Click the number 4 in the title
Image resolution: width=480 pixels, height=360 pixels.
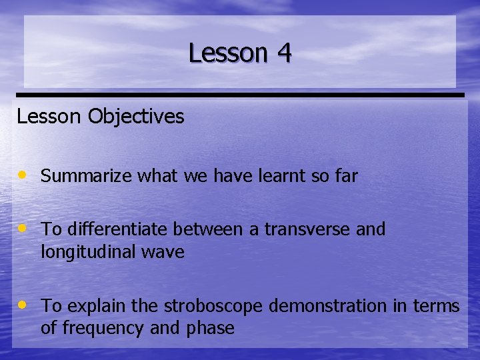coord(283,53)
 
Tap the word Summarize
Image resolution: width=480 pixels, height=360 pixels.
coord(87,177)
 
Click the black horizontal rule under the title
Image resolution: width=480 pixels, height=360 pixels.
coord(240,95)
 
